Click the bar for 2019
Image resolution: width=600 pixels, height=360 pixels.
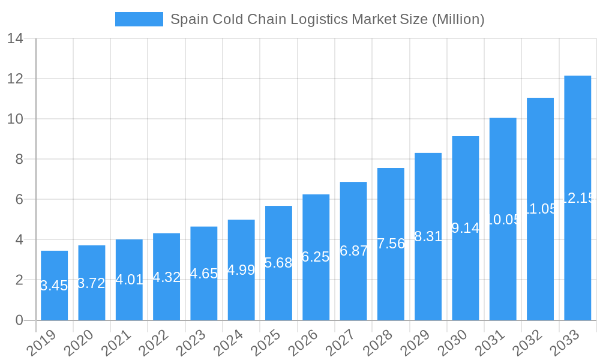tap(54, 285)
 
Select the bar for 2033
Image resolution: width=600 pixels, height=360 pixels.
tap(577, 198)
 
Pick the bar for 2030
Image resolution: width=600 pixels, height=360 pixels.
tap(465, 228)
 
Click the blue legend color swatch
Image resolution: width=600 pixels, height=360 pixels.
tap(139, 19)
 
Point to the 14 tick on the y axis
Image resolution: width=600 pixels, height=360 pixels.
tap(15, 39)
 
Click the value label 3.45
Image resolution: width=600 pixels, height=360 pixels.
tap(54, 286)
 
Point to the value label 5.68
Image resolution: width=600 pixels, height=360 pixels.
tap(278, 263)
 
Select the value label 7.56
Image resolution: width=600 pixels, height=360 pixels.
tap(391, 244)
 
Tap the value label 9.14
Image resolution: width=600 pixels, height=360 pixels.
tap(465, 228)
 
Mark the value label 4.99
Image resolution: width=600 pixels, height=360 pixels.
tap(241, 270)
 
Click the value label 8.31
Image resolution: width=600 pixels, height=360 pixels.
tap(428, 236)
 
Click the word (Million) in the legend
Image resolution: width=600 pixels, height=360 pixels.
tap(458, 19)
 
